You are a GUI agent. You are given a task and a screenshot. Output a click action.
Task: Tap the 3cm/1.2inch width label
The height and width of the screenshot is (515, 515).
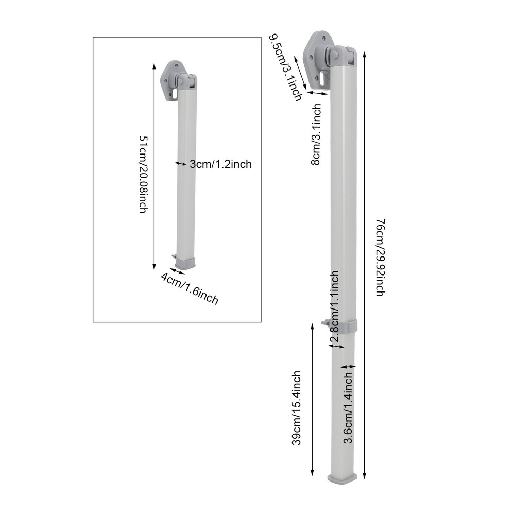220,164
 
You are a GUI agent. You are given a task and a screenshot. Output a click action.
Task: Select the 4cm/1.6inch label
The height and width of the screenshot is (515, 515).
190,288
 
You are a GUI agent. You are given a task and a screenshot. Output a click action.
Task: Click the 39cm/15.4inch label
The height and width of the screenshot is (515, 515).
296,408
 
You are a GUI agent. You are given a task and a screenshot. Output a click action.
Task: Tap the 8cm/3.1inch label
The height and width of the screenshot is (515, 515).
316,134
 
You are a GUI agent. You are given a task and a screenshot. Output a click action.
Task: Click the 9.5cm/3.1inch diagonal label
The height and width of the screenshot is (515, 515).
286,65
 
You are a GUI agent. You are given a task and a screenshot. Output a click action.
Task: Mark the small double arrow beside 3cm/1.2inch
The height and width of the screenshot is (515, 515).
181,164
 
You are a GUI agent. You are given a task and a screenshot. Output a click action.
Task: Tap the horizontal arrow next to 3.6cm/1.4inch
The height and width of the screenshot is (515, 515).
349,367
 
